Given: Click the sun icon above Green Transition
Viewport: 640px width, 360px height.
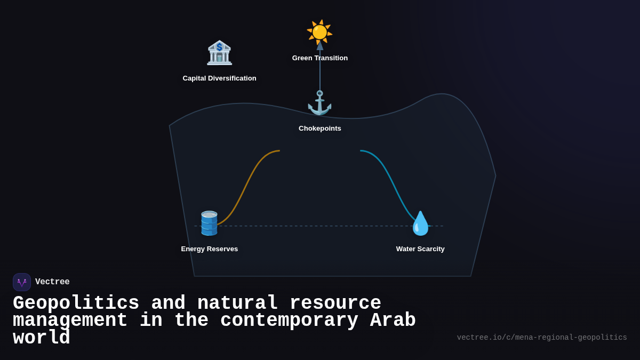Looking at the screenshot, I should click(319, 31).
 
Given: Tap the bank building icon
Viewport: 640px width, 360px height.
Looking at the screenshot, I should click(219, 53).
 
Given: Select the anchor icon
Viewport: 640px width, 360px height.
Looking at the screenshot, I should click(319, 102).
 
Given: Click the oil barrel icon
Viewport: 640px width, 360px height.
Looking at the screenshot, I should click(209, 223).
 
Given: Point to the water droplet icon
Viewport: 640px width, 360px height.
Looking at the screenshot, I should click(420, 223).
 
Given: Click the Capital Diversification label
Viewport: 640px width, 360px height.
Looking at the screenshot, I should click(219, 78).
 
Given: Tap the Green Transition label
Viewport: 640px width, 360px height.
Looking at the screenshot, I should click(320, 58).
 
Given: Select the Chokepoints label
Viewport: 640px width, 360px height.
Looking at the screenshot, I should click(320, 129).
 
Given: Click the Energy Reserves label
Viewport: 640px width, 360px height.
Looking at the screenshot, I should click(210, 249).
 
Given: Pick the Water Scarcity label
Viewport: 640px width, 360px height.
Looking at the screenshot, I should click(420, 249).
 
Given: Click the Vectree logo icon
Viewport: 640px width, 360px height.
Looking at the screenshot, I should click(22, 282).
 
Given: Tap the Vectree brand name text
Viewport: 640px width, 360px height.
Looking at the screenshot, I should click(52, 282).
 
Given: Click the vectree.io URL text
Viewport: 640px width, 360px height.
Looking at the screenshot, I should click(542, 338).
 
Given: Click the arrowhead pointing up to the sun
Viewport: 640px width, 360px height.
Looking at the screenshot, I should click(320, 46).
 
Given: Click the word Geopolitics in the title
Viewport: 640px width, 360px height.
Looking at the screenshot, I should click(76, 303).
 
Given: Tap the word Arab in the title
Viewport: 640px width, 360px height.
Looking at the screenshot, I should click(393, 321).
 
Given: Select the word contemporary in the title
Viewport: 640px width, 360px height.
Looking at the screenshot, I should click(289, 321).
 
